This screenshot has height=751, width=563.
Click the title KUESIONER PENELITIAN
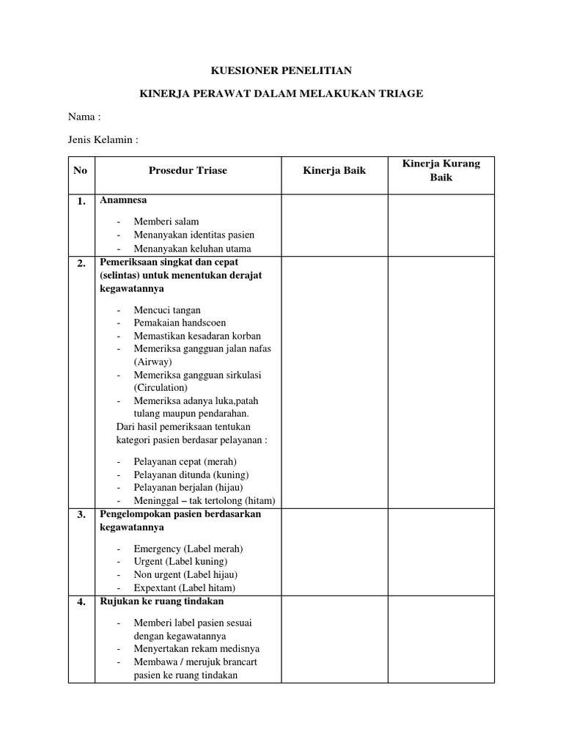pos(281,70)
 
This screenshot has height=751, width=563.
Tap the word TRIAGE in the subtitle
pos(402,94)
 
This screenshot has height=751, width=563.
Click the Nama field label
pos(84,117)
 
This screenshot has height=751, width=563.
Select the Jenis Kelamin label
pos(103,139)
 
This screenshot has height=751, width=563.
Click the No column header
pos(81,171)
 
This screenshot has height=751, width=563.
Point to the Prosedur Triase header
pos(188,171)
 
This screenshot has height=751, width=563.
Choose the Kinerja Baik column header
pos(334,171)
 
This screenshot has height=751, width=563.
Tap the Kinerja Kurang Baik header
pos(441,170)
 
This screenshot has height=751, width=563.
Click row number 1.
pos(81,201)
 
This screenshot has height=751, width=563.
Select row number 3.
pos(81,515)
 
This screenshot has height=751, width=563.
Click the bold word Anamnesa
pos(123,200)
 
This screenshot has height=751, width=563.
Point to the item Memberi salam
pos(166,221)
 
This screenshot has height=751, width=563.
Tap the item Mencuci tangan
pos(167,310)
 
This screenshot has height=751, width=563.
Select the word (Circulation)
pos(161,388)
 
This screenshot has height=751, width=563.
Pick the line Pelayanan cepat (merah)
pos(185,462)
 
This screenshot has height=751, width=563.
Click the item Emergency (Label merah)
pos(188,549)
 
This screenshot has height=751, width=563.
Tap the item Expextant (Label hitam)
pos(185,588)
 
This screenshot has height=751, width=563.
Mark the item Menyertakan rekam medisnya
pos(196,649)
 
